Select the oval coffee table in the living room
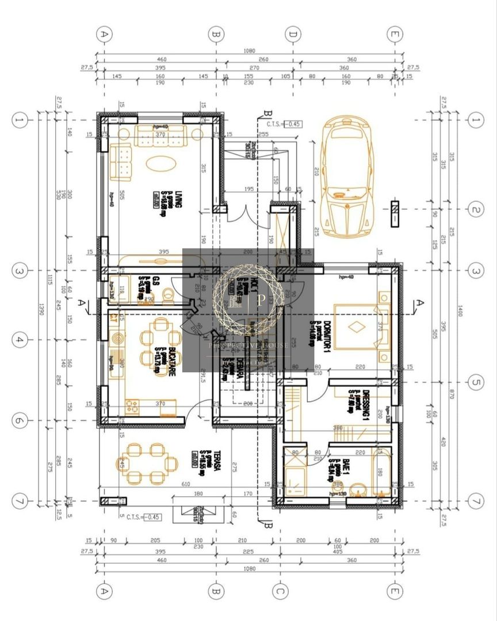click(x=162, y=163)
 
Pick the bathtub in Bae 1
click(x=381, y=471)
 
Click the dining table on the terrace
click(x=147, y=462)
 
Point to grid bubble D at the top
click(x=293, y=34)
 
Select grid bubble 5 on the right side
click(x=475, y=381)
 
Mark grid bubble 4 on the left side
click(x=20, y=340)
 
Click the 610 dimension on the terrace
click(x=186, y=484)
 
